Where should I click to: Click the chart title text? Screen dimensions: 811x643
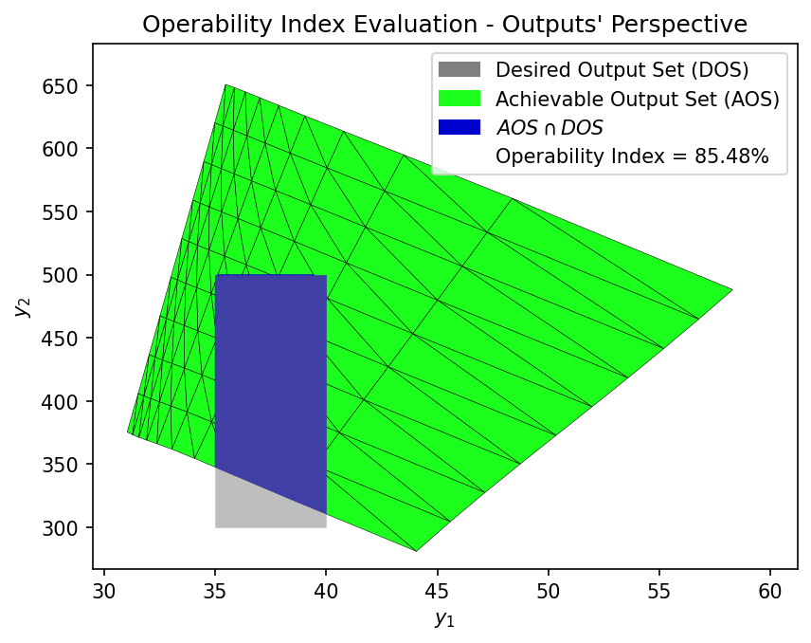pos(444,24)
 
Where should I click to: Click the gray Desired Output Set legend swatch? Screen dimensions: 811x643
pos(460,69)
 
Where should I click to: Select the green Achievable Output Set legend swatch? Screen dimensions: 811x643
pos(460,99)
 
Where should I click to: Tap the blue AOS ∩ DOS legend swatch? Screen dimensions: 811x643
pos(460,127)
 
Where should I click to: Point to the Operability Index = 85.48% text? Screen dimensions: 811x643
pos(632,156)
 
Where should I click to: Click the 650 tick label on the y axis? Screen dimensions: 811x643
pos(60,86)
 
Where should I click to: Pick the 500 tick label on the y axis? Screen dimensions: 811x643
pos(60,275)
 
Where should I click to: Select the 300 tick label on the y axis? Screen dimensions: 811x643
pos(60,527)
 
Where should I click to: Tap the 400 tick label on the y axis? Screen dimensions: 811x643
pos(60,401)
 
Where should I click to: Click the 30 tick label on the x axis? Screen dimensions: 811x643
pos(104,591)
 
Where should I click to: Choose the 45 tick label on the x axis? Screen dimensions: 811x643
pos(438,591)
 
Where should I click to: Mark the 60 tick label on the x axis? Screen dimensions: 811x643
pos(770,591)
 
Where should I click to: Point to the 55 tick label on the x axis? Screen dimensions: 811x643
pos(659,591)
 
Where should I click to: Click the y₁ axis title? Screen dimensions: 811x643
pos(444,618)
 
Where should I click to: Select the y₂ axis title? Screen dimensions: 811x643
pos(22,307)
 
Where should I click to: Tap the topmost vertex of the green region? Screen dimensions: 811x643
pos(225,84)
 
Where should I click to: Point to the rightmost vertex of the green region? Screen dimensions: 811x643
pos(733,289)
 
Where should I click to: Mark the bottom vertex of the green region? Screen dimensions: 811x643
pos(416,551)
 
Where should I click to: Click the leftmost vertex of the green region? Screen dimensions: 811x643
pos(127,432)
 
